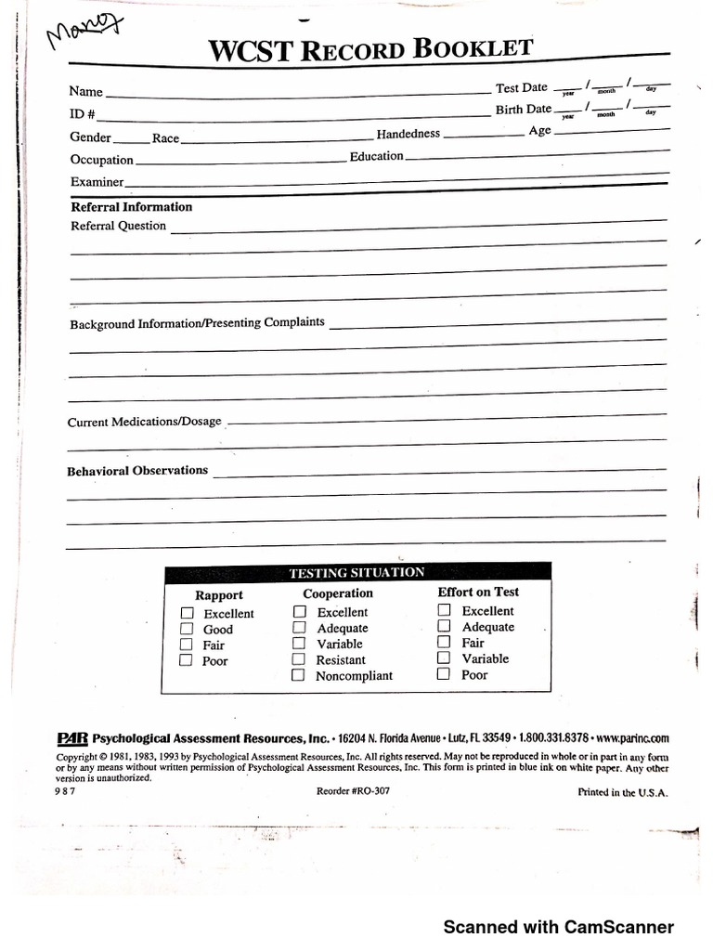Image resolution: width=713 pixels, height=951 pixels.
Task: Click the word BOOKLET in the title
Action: coord(473,49)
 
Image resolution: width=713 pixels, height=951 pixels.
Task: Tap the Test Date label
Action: coord(522,87)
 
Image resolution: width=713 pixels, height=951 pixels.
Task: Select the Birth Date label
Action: coord(523,110)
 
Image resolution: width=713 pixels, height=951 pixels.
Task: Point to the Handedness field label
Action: coord(408,134)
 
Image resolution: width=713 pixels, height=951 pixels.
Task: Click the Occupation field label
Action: coord(102,160)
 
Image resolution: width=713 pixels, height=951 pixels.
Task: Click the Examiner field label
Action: coord(97,182)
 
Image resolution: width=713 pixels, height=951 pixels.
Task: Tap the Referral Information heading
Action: coord(132,207)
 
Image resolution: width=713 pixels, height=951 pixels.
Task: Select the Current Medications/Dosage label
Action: coord(145,422)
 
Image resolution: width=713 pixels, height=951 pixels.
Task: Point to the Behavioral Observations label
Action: coord(137,471)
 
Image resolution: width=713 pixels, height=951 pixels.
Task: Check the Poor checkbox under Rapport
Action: coord(187,660)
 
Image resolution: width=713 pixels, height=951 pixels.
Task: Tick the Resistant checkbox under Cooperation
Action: coord(299,659)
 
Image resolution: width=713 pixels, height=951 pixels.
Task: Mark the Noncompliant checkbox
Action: coord(299,675)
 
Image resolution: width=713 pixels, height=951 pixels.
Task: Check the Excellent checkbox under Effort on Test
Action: coord(445,610)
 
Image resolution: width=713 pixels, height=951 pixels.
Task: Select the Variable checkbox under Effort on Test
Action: coord(445,658)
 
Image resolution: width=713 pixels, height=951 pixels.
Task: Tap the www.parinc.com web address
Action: coord(631,739)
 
